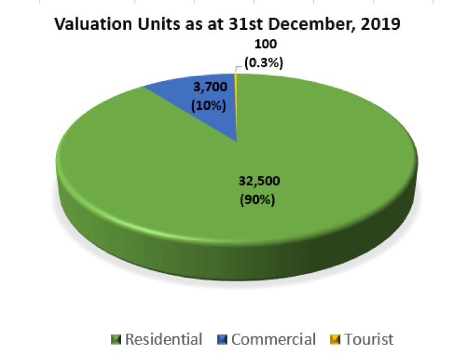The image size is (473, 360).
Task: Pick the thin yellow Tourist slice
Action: click(236, 101)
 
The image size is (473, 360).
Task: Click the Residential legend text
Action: click(163, 340)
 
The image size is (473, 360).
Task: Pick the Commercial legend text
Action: click(273, 340)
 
